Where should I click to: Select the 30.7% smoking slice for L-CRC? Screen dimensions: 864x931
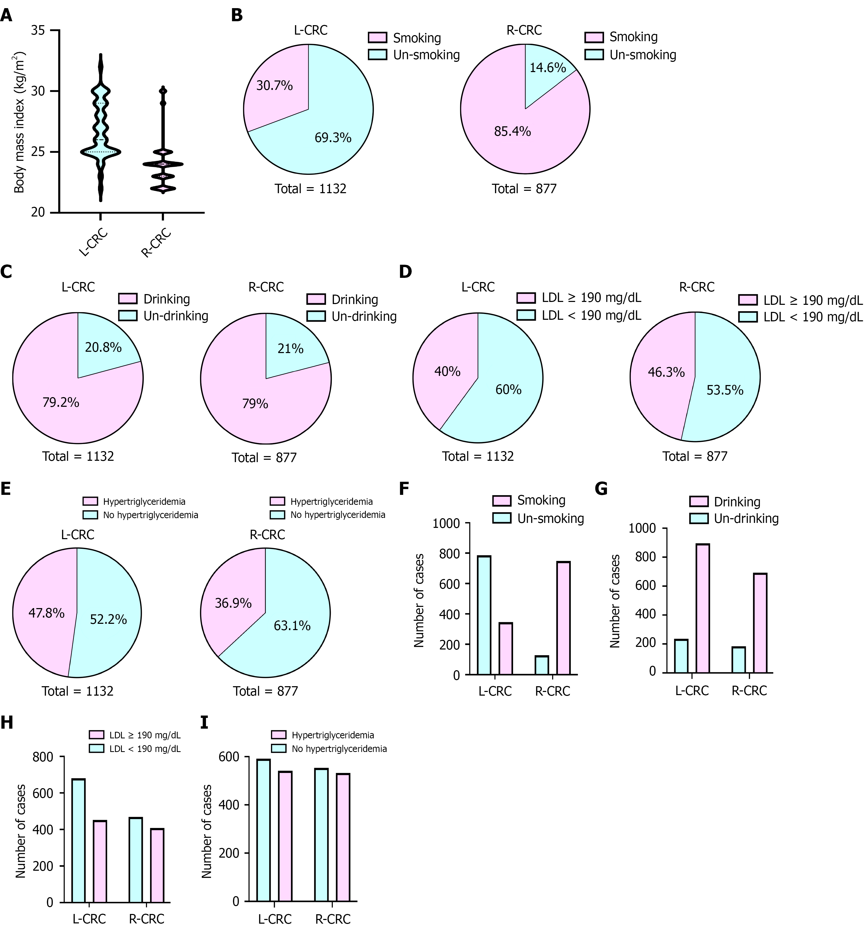pyautogui.click(x=276, y=86)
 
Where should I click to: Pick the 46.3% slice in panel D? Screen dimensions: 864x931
pyautogui.click(x=664, y=374)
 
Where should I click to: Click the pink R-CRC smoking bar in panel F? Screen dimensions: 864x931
pyautogui.click(x=563, y=618)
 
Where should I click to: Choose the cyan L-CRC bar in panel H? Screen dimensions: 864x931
pyautogui.click(x=79, y=841)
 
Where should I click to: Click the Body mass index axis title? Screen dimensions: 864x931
pyautogui.click(x=19, y=122)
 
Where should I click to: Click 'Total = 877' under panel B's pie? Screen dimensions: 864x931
pyautogui.click(x=524, y=189)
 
